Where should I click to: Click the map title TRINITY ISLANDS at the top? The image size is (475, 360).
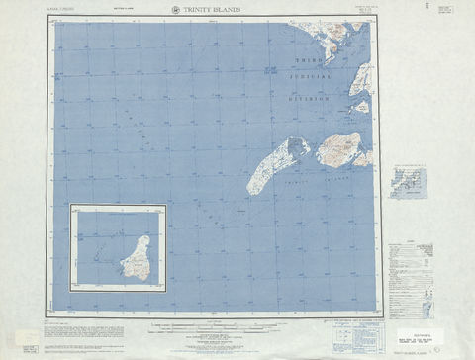coord(212,10)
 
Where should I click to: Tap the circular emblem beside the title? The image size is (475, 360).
coord(174,10)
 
